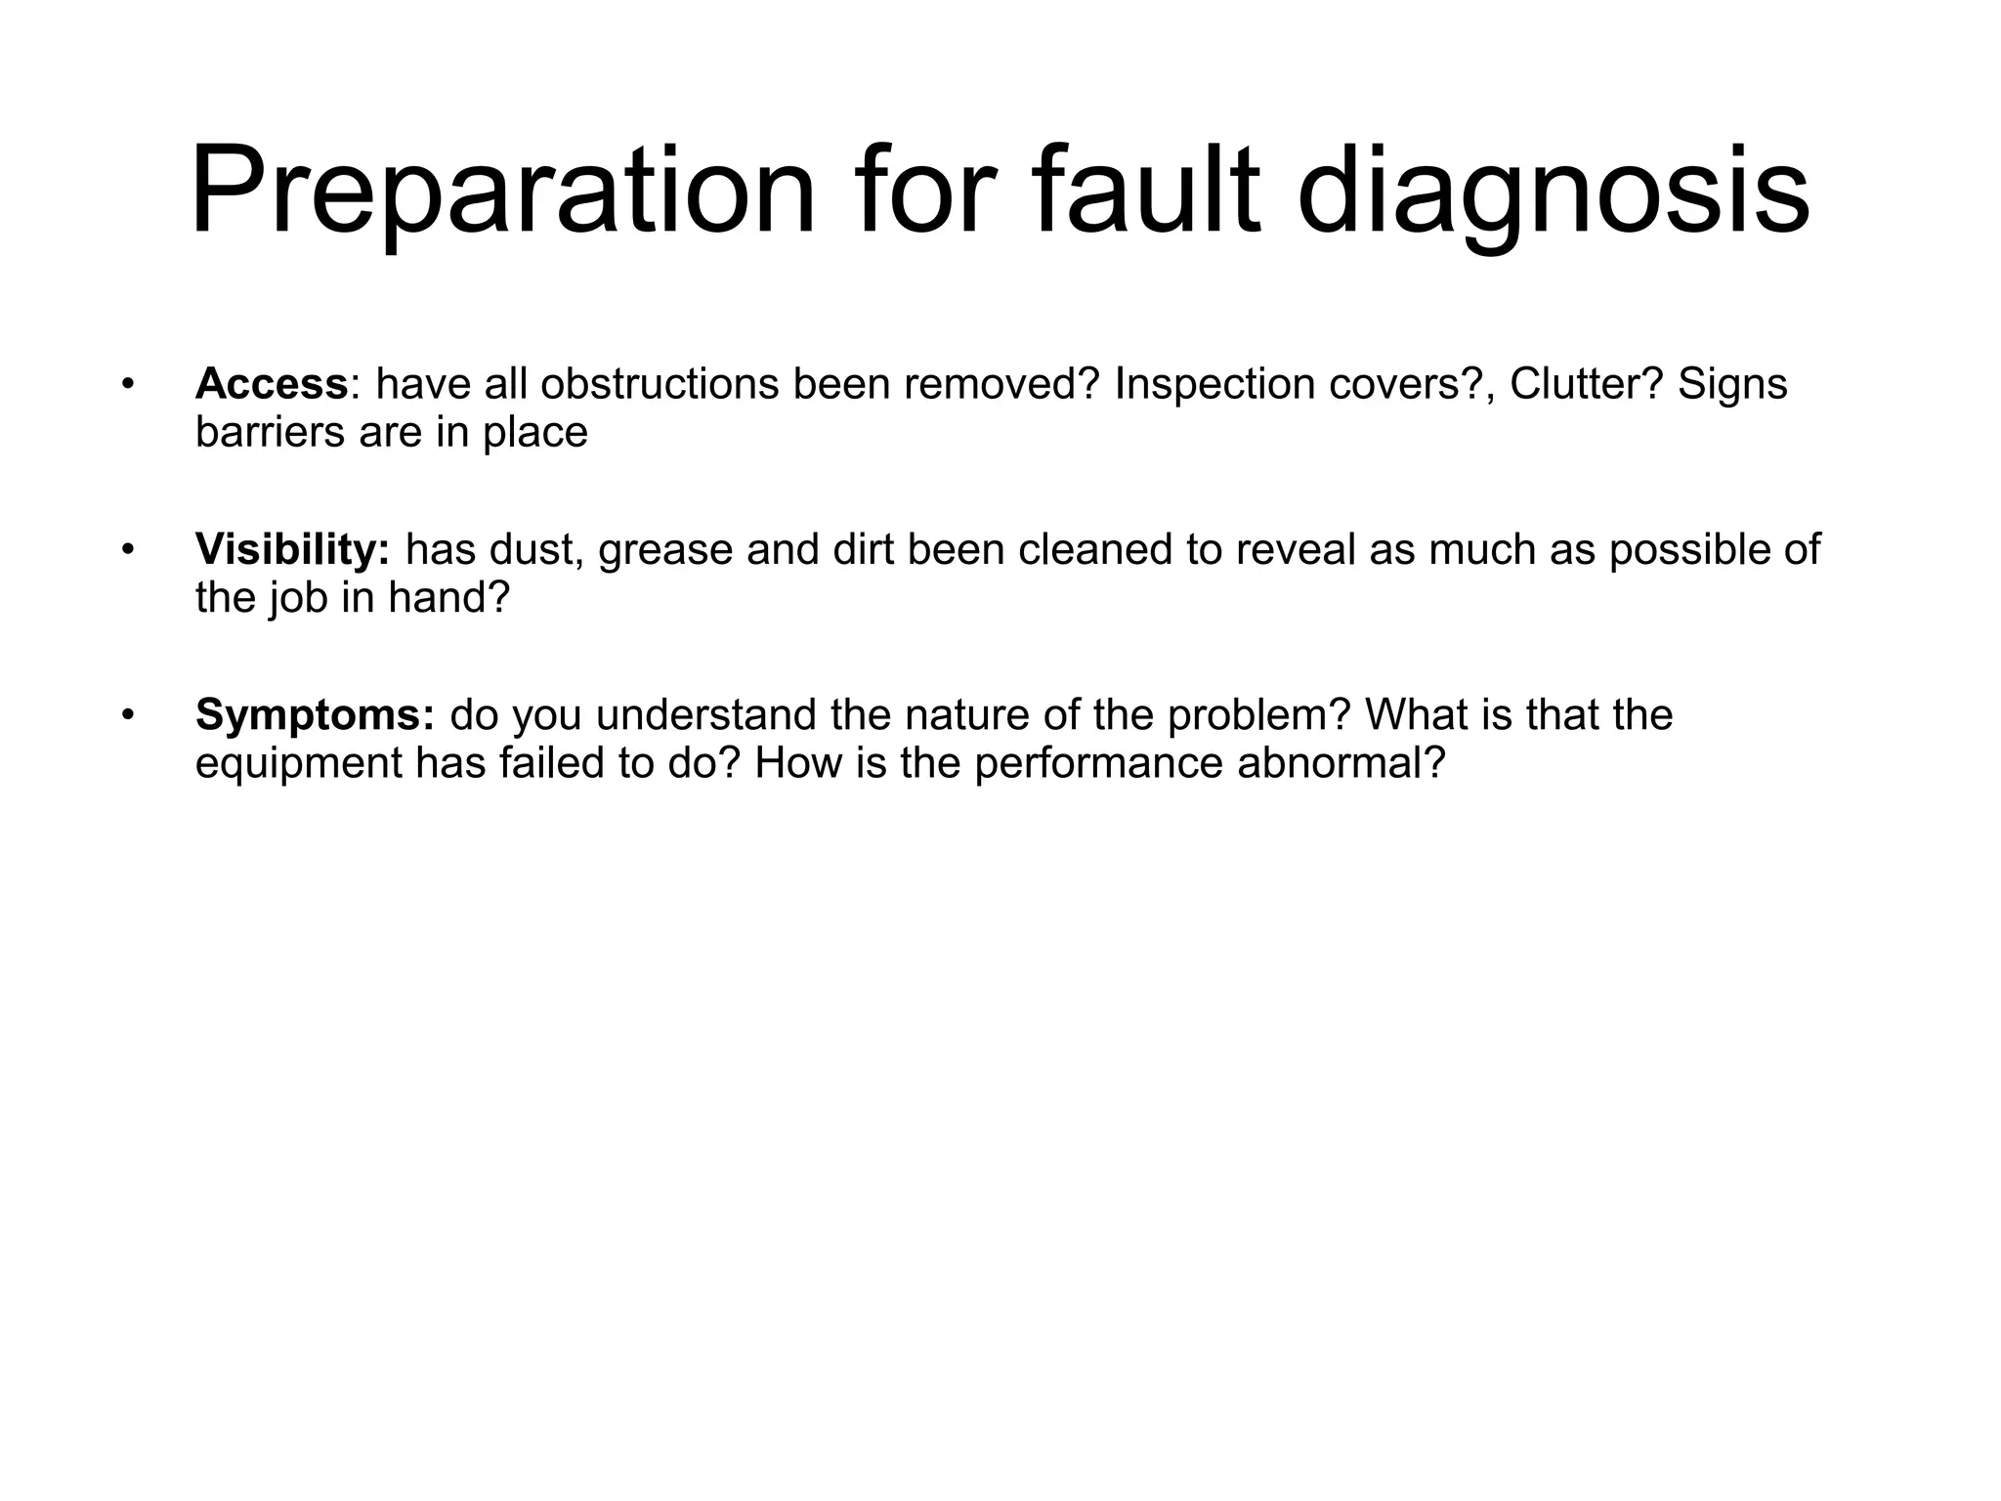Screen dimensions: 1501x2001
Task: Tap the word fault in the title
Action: (1149, 191)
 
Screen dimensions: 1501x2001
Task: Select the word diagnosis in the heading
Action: (1554, 191)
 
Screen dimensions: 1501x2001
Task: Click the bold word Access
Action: (272, 385)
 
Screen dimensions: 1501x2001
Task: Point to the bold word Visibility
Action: (291, 550)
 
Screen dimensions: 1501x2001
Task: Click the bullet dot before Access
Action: (126, 385)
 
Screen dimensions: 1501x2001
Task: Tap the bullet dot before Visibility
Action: (126, 550)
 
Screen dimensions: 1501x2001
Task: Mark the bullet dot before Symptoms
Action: (126, 715)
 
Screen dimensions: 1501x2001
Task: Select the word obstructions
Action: (660, 385)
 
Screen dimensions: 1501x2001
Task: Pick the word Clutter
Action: (1585, 385)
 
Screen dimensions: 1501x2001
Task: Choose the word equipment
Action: (298, 763)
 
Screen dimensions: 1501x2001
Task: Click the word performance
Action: (1098, 763)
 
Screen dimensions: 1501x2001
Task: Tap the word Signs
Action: (1732, 385)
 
